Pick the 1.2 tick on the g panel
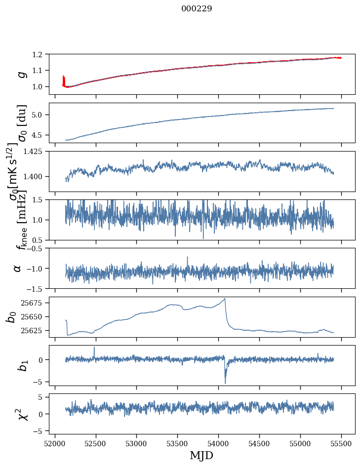(40, 54)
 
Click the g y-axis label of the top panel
(21, 74)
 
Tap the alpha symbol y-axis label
(18, 268)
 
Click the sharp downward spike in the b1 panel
(225, 382)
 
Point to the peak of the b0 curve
(225, 299)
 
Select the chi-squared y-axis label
(22, 414)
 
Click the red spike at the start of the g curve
(63, 79)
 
